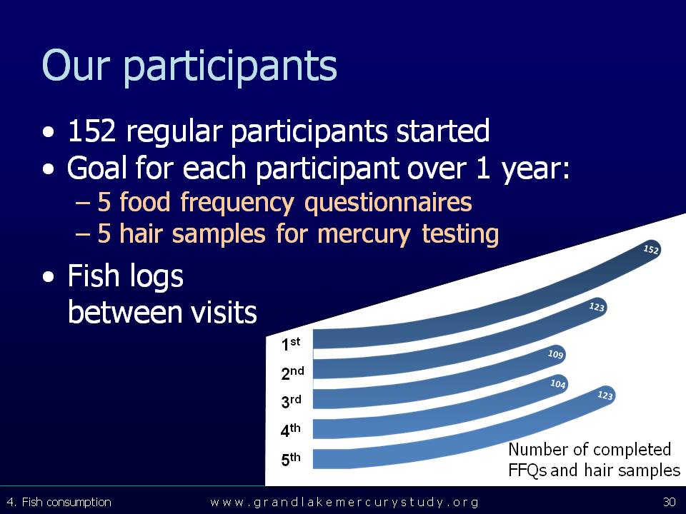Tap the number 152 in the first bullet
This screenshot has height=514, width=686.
91,130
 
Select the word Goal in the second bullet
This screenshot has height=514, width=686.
98,167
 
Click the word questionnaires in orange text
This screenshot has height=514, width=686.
388,203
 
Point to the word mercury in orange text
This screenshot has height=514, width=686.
364,234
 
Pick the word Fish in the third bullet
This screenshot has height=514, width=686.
93,276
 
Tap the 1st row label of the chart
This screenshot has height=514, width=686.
291,343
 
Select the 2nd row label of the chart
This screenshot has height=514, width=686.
292,373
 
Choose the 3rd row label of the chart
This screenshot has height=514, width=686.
291,400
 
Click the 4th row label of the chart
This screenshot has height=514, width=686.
291,430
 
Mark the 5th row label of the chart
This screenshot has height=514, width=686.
291,459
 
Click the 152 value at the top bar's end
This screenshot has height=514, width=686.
651,249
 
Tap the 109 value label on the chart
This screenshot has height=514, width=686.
556,353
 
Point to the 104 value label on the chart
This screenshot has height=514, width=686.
558,384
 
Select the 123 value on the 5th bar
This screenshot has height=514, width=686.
605,395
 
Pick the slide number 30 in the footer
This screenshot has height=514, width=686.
670,502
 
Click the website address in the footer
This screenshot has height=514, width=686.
344,502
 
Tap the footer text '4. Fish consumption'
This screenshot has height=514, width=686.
59,502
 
